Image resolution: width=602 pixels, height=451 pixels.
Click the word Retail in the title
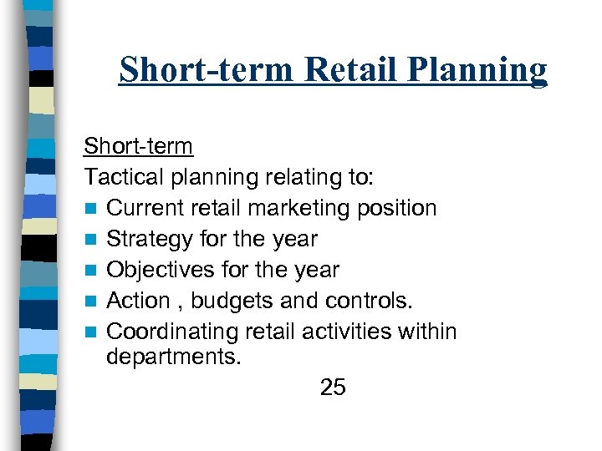coord(350,70)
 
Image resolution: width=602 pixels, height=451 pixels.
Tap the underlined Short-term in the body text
coord(138,146)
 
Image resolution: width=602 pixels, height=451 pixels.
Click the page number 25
coord(333,388)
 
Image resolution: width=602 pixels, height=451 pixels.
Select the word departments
coord(172,357)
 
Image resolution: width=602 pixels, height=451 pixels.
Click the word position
coord(396,208)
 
